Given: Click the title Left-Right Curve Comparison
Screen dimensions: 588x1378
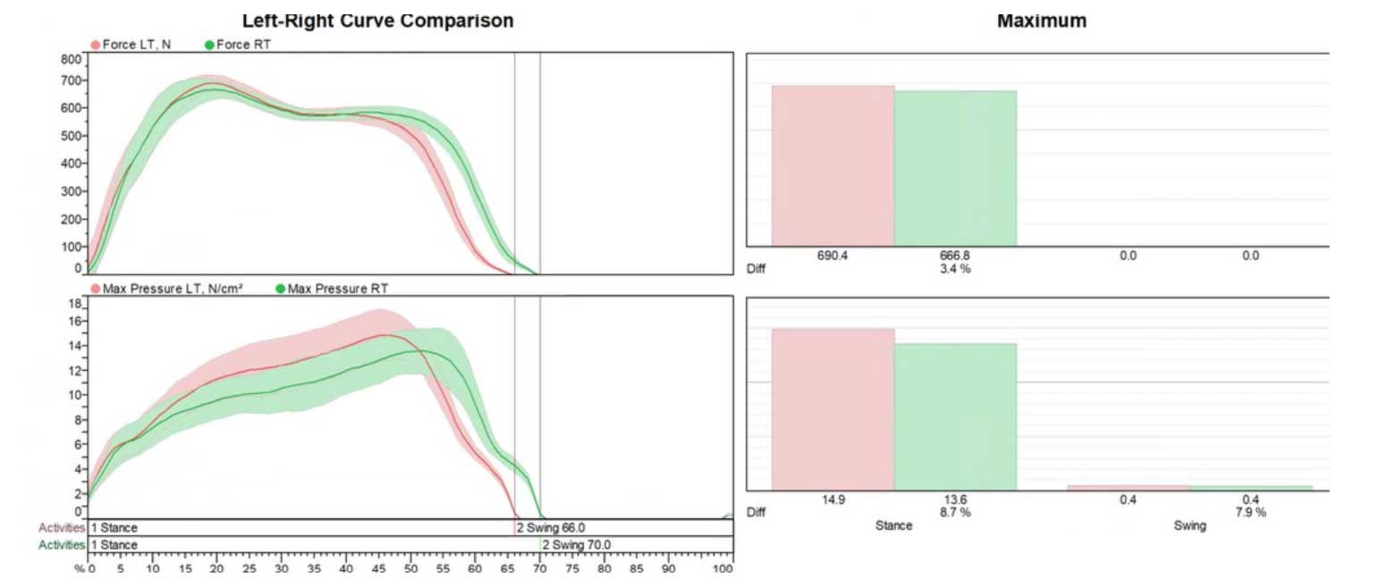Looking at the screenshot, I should [x=377, y=21].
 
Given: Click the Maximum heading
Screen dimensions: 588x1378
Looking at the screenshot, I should [x=1041, y=21].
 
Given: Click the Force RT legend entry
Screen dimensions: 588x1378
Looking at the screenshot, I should [x=242, y=44].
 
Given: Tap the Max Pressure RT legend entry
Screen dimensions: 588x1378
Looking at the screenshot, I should [x=337, y=289].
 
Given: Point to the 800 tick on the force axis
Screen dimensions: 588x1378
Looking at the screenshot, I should [x=72, y=60].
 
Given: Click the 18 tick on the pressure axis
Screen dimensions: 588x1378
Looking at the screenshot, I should [x=75, y=304].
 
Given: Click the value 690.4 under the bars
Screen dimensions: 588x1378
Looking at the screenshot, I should [x=833, y=256].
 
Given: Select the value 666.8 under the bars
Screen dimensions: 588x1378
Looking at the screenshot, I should [x=954, y=256].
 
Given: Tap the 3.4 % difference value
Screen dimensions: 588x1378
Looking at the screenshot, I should [x=954, y=268].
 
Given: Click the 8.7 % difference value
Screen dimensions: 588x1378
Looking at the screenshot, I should [x=954, y=513].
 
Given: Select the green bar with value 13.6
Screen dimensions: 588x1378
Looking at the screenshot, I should [x=955, y=416].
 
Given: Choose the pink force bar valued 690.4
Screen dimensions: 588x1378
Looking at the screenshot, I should [x=833, y=165].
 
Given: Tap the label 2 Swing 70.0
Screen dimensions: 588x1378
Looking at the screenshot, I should [x=577, y=545].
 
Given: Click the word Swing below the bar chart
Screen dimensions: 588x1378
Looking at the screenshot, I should [x=1189, y=525].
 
